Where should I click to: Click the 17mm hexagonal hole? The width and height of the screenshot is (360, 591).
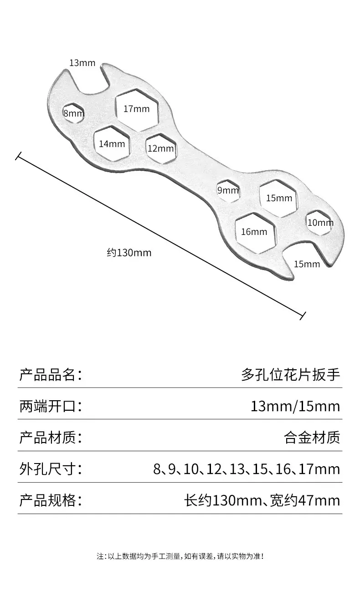[137, 110]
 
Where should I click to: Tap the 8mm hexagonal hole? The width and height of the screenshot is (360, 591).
[73, 113]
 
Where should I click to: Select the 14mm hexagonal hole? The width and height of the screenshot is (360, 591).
[113, 143]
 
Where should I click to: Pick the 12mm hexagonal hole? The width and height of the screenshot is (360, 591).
[161, 148]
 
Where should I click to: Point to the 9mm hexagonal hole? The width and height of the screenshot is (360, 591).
[228, 191]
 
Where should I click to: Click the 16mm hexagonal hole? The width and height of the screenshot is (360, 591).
[255, 233]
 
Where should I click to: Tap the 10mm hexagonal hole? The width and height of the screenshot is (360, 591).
[319, 223]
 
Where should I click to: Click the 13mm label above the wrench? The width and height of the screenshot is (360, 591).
[82, 63]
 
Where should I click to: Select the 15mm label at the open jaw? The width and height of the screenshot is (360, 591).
[307, 264]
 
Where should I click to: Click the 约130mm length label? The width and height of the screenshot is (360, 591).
[129, 253]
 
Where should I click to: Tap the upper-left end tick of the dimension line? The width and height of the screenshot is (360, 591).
[18, 156]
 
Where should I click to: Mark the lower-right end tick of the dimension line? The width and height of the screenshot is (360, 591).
[303, 316]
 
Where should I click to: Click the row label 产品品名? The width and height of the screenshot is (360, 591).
[51, 375]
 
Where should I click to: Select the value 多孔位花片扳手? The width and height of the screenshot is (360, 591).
[291, 375]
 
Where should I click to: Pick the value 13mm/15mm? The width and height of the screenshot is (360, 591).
[295, 406]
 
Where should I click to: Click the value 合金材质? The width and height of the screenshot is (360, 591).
[312, 438]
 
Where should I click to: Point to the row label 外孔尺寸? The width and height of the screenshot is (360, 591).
[51, 469]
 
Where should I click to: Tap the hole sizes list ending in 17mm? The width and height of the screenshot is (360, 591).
[247, 469]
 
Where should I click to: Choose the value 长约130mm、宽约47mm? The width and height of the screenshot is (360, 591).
[262, 500]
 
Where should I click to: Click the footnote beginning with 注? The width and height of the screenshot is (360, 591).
[180, 556]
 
